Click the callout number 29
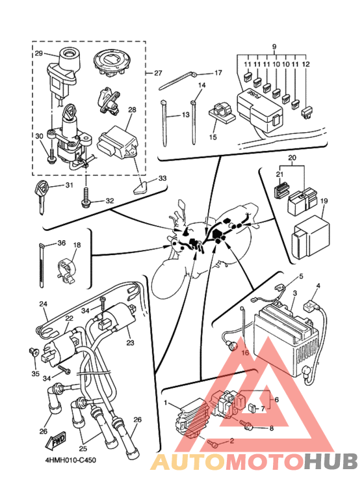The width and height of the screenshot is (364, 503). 38,53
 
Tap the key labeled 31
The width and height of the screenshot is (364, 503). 42,197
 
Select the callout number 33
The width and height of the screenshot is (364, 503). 162,178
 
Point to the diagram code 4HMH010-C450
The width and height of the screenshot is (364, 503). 70,460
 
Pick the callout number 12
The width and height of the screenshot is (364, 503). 306,64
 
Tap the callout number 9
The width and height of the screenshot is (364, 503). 274,47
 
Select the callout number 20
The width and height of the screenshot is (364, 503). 292,158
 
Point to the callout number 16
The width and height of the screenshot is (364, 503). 245,353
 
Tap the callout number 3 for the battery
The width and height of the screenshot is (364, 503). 295,293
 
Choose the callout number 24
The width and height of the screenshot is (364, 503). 44,303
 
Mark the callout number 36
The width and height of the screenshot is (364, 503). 61,243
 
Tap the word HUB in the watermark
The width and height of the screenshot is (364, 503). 331,461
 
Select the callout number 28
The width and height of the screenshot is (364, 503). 132,110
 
